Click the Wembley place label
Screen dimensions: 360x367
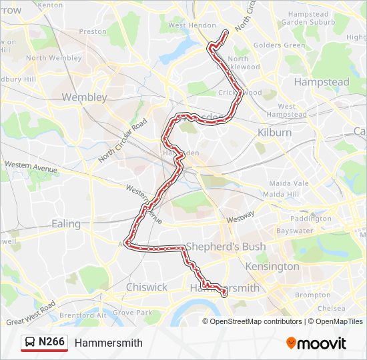[x=84, y=97]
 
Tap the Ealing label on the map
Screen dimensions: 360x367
[x=66, y=224]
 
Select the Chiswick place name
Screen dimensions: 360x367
[x=147, y=287]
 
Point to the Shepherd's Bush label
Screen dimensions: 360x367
[x=226, y=247]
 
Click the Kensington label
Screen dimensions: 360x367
[x=273, y=267]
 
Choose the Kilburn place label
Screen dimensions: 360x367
[x=274, y=133]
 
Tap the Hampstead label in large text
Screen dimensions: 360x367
[x=322, y=82]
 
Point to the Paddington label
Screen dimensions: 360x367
[x=311, y=219]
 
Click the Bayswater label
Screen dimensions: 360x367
[x=294, y=231]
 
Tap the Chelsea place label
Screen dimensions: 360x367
[x=331, y=309]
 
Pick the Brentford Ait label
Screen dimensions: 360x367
[x=83, y=314]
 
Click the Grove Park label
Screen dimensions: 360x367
[x=132, y=312]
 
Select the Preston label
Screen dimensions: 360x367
[x=93, y=31]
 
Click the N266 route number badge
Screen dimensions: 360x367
[x=51, y=342]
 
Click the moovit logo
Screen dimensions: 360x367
[x=316, y=343]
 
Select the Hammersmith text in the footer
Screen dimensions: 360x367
[x=109, y=343]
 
